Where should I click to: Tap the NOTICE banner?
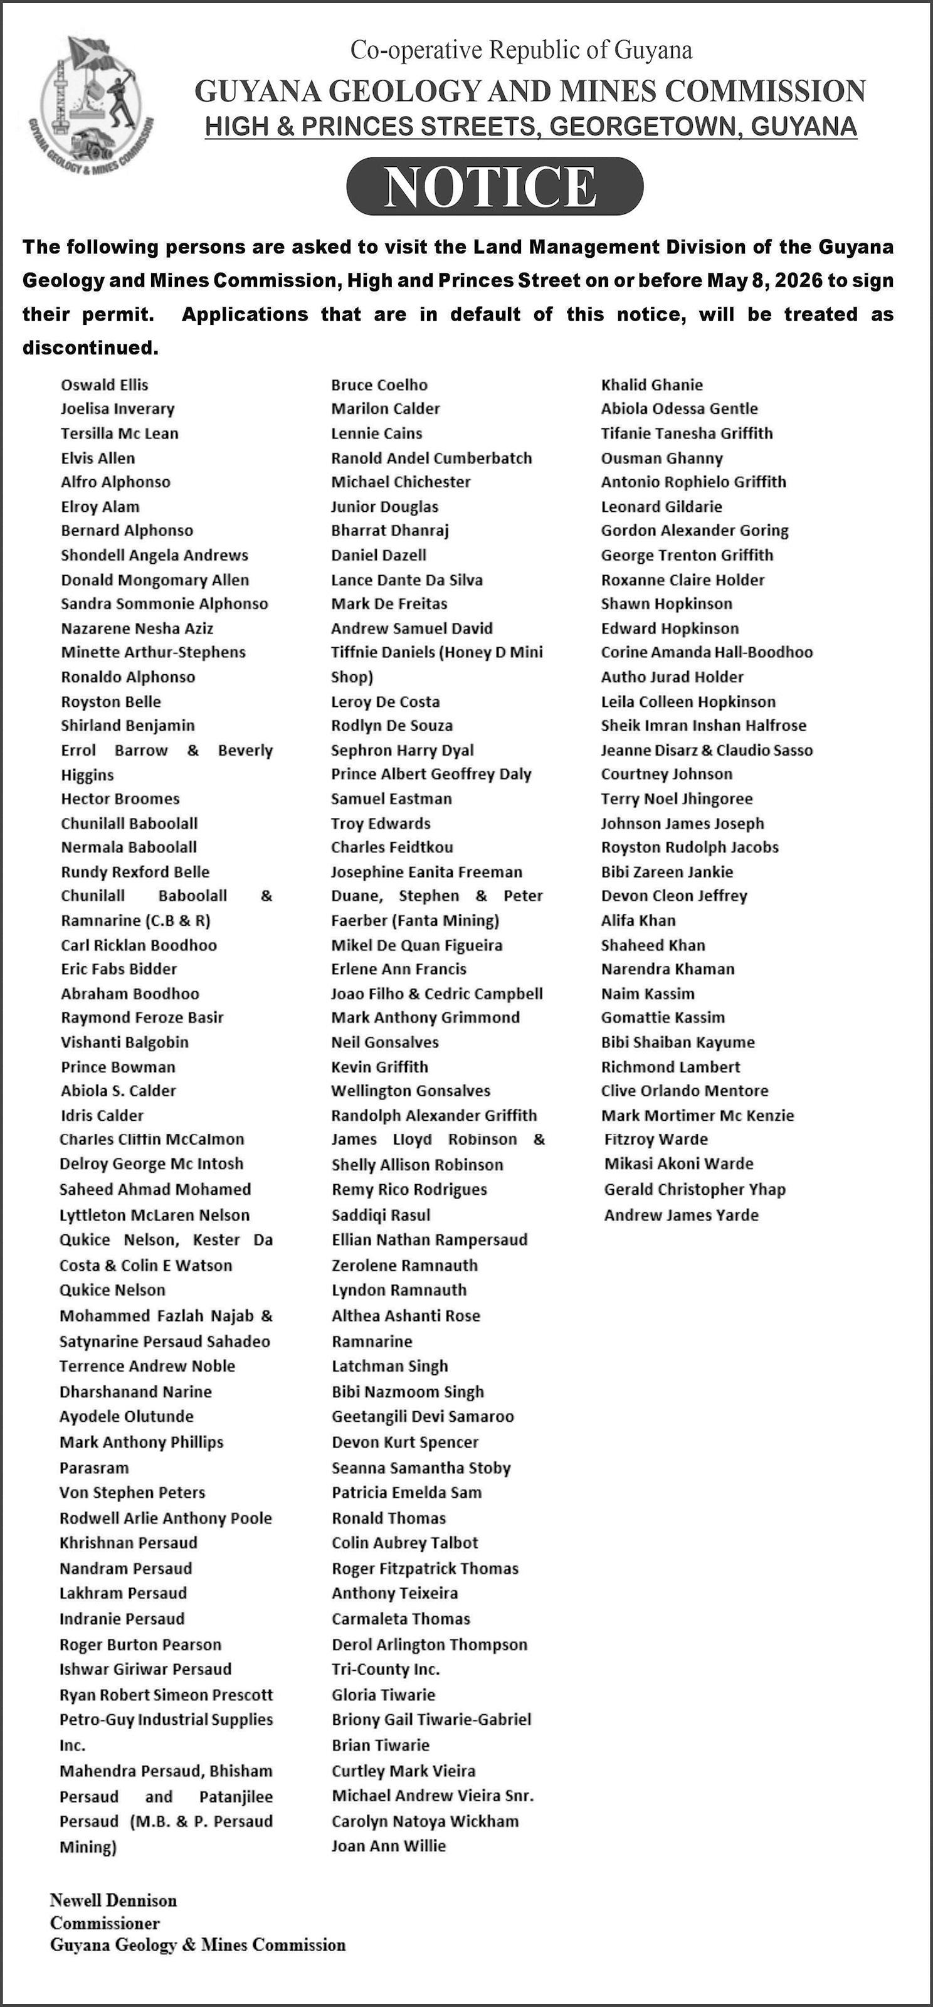point(495,186)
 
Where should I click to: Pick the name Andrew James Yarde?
point(682,1215)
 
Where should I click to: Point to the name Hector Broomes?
point(120,798)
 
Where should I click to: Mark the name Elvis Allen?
point(98,458)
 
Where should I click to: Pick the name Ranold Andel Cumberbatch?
point(431,458)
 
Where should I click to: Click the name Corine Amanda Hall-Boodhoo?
point(707,652)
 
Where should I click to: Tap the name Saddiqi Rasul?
point(381,1215)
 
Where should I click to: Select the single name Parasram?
point(94,1468)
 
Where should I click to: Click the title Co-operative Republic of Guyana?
point(521,51)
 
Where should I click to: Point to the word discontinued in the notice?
point(90,347)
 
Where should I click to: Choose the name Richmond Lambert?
point(670,1067)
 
